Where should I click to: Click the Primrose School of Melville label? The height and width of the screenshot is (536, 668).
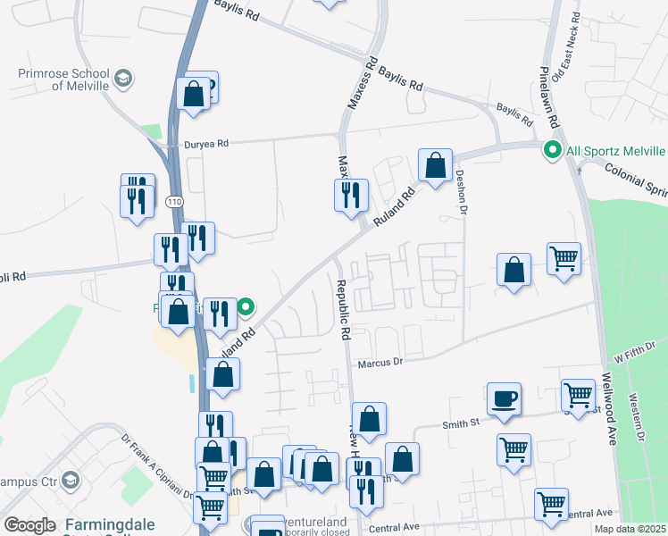coord(63,80)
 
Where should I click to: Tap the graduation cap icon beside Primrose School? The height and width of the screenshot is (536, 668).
coord(119,80)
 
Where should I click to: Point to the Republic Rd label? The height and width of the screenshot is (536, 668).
coord(342,309)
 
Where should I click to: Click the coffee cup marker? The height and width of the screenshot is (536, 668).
coord(504,398)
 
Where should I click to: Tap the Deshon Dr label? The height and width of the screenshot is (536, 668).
coord(462,193)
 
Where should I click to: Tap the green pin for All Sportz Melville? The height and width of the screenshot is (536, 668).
coord(553,151)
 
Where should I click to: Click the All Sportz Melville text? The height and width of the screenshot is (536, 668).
coord(615,151)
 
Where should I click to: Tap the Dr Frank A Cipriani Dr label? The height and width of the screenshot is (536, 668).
coord(157,464)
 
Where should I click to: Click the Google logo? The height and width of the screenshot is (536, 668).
coord(29,525)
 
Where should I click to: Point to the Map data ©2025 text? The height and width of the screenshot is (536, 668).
coord(629,529)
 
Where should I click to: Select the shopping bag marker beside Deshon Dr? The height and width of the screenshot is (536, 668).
coord(435,165)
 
